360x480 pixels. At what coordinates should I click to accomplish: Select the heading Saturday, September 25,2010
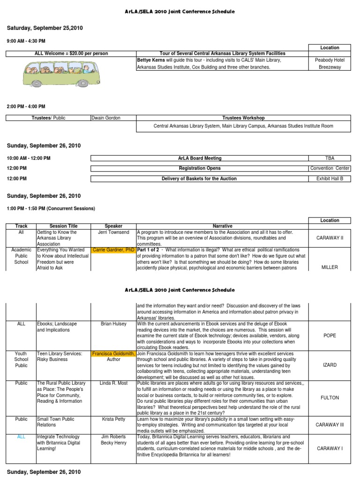tap(45, 28)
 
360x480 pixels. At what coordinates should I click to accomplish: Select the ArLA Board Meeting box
tap(200, 158)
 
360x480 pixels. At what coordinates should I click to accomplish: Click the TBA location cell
tap(330, 158)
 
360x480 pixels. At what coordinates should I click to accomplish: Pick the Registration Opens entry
tap(200, 168)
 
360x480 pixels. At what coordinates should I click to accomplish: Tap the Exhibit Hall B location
tap(330, 179)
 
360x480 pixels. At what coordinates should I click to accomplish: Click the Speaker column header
tap(113, 226)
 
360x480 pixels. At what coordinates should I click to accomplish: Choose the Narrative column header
tap(222, 226)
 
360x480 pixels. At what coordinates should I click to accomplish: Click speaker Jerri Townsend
tap(113, 232)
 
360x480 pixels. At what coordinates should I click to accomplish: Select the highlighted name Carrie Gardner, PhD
tap(114, 250)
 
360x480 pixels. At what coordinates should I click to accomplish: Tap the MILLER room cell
tap(330, 267)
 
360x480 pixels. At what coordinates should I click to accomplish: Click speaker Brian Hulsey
tap(113, 324)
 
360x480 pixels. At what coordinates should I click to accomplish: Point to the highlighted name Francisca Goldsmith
tap(114, 353)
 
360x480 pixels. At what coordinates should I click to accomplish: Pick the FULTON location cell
tap(330, 397)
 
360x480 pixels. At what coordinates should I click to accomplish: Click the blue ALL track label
tap(21, 436)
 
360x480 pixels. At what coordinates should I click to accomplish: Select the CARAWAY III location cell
tap(330, 425)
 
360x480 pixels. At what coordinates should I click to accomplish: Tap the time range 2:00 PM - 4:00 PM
tap(26, 106)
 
